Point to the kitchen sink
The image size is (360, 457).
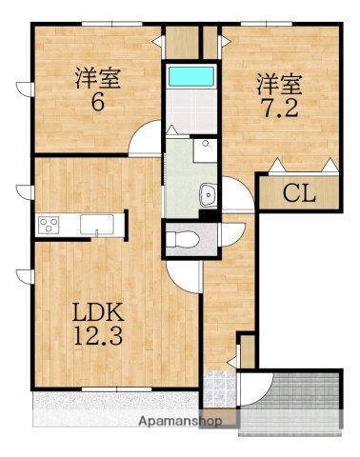point(97,225)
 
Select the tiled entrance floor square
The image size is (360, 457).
point(218,386)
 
